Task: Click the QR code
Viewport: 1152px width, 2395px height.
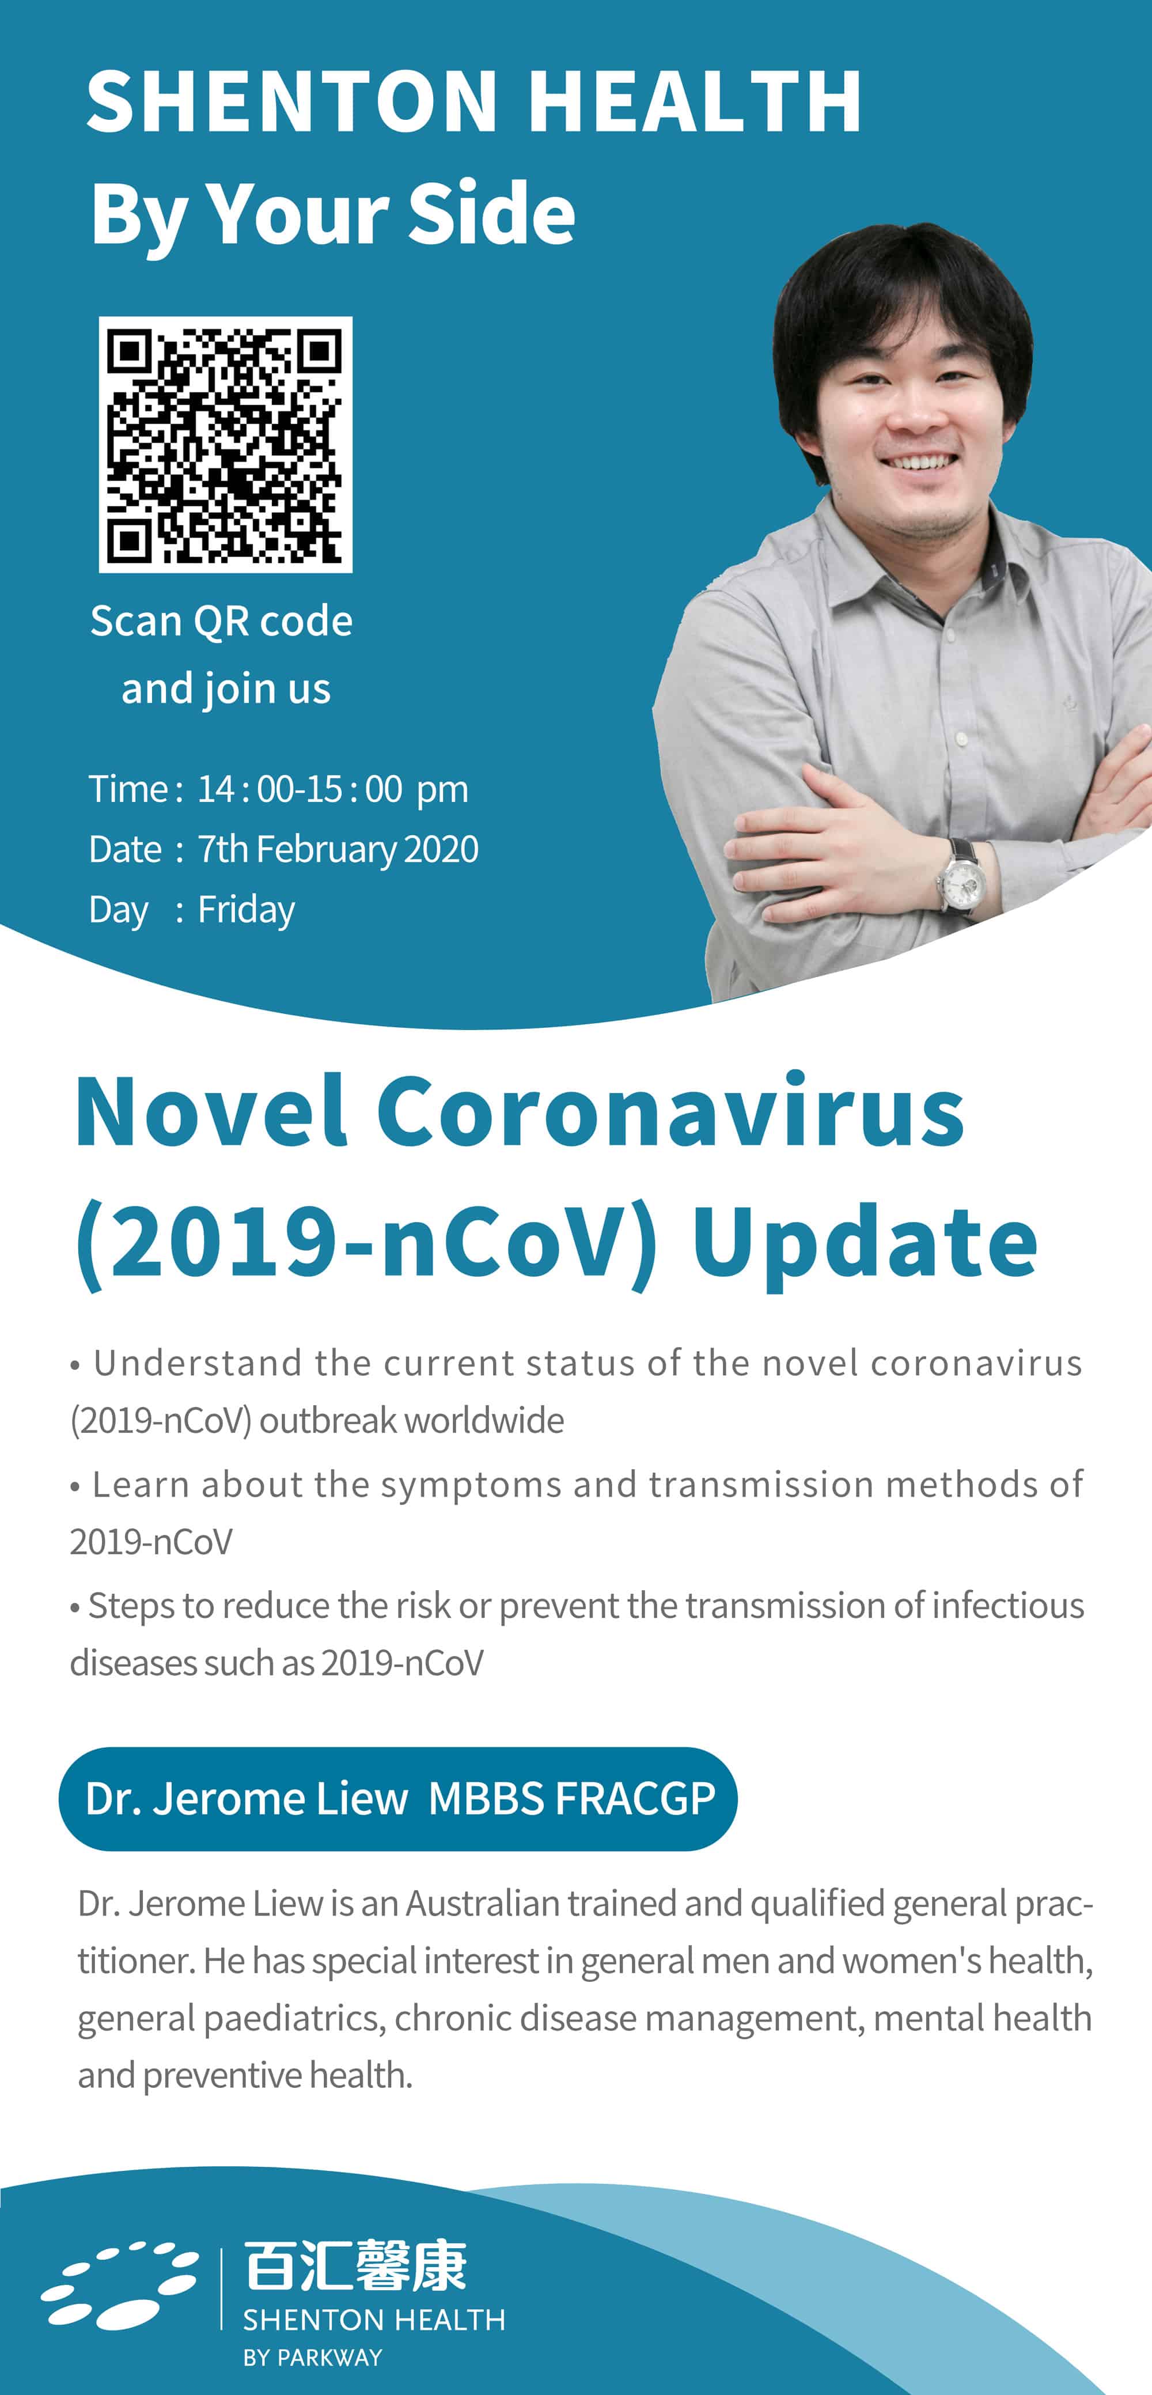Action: (226, 444)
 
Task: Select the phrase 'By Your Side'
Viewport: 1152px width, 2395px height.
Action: (333, 213)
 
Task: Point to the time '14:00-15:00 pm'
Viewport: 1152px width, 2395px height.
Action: (333, 788)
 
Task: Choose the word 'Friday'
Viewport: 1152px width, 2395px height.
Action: (247, 909)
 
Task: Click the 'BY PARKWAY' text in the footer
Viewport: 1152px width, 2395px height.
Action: (312, 2357)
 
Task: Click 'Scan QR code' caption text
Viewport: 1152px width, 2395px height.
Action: (221, 621)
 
